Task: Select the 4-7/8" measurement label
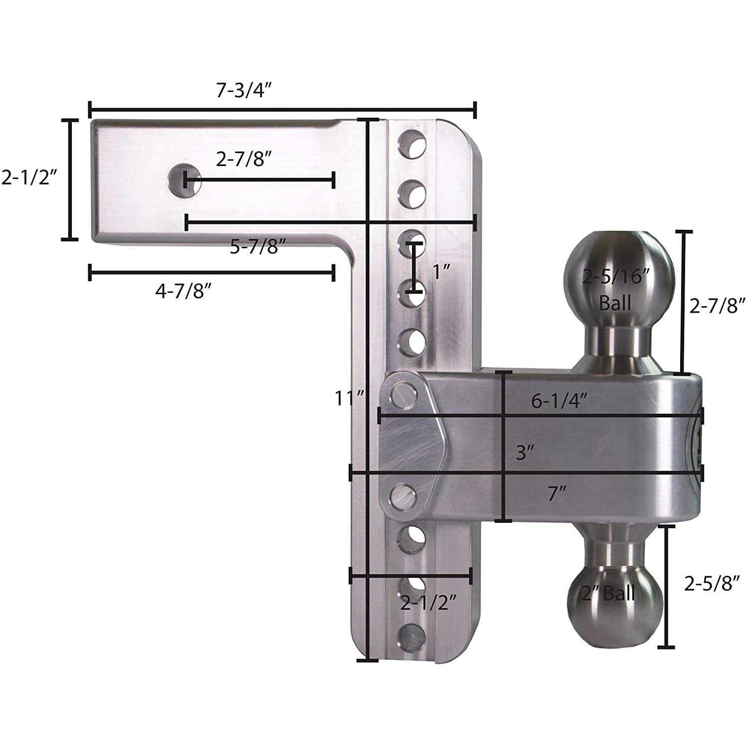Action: (181, 291)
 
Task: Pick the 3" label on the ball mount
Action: (525, 453)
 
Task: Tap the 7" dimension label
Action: (557, 494)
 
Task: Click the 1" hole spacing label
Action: (441, 272)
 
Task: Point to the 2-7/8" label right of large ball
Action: (717, 305)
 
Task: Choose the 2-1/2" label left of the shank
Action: (27, 178)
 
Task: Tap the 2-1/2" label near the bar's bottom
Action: (428, 603)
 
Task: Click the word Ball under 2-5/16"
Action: (615, 302)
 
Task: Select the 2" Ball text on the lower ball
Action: (608, 593)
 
